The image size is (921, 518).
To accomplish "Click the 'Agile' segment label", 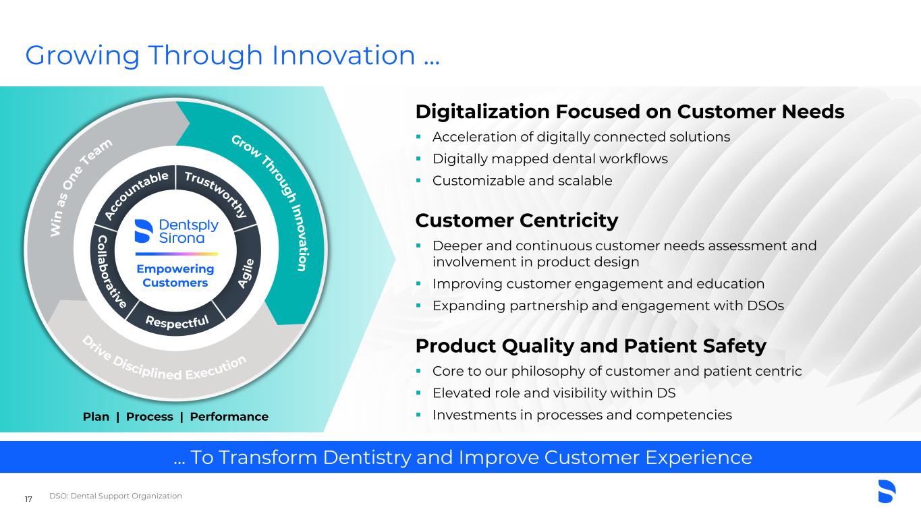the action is [246, 273].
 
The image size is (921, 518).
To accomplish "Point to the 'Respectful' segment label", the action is [177, 322].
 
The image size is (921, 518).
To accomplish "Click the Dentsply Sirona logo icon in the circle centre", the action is [144, 231].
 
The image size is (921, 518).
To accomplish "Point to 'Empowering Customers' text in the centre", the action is [175, 276].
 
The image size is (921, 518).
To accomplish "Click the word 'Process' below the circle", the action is [150, 417].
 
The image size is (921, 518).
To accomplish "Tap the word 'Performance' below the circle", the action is [229, 417].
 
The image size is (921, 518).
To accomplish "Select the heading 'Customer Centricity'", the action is [517, 221].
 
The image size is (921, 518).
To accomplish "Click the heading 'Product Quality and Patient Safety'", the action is [591, 346].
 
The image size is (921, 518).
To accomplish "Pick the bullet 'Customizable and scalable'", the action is [522, 181].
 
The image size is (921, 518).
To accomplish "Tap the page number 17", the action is [28, 499].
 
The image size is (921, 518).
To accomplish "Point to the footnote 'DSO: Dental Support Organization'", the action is [115, 496].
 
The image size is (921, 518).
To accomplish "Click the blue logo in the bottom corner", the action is [887, 491].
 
